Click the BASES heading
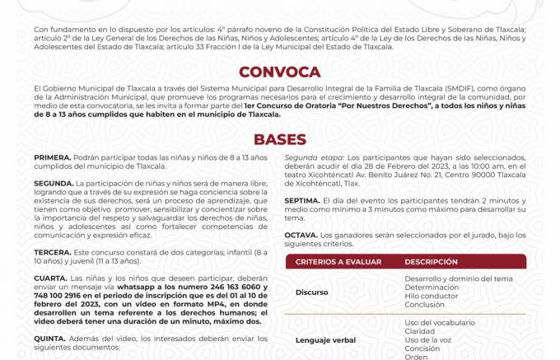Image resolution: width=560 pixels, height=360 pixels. tap(279, 140)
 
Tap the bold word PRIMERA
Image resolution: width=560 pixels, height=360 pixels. tap(52, 157)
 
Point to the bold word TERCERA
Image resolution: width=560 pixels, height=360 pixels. tap(52, 250)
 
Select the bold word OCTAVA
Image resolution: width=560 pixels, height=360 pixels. tap(302, 235)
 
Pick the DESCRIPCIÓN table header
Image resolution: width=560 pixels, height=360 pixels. tap(431, 262)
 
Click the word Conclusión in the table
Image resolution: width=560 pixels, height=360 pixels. tap(424, 304)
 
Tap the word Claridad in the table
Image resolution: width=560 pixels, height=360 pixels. tap(420, 330)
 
